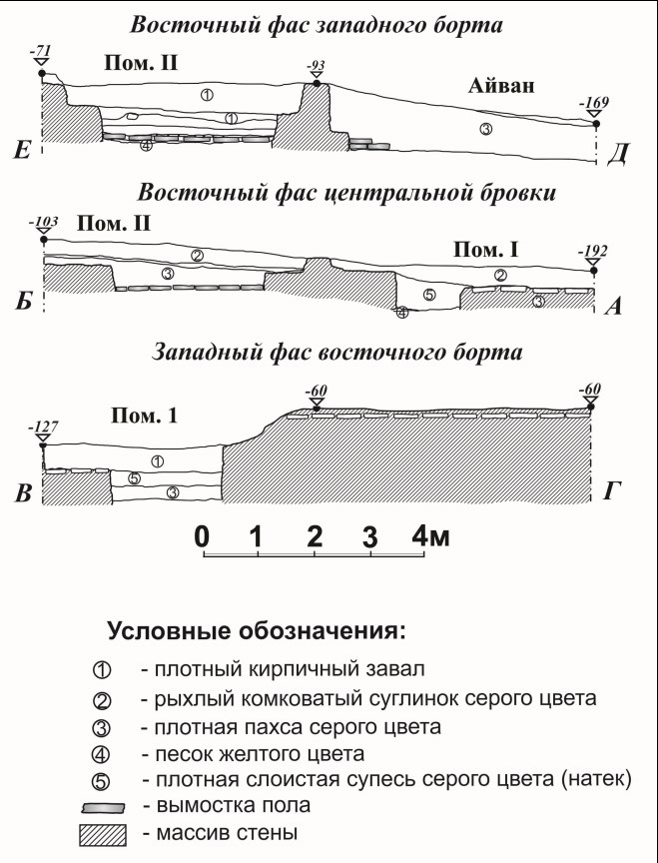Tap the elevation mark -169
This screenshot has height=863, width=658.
[x=594, y=103]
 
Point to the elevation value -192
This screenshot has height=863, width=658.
[x=592, y=252]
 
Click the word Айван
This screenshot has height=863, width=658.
[x=501, y=86]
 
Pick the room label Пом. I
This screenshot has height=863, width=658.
[x=486, y=251]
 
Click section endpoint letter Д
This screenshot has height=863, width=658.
[x=619, y=154]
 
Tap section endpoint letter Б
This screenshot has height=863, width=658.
[x=24, y=303]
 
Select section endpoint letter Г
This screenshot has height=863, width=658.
[x=613, y=491]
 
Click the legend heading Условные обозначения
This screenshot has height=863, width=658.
[x=257, y=631]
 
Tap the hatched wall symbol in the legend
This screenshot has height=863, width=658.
[x=102, y=834]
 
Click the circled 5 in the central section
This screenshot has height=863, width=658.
[x=429, y=295]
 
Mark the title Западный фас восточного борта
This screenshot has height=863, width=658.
[x=336, y=353]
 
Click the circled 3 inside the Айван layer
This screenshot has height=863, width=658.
[x=485, y=129]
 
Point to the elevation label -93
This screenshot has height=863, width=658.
[x=316, y=67]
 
